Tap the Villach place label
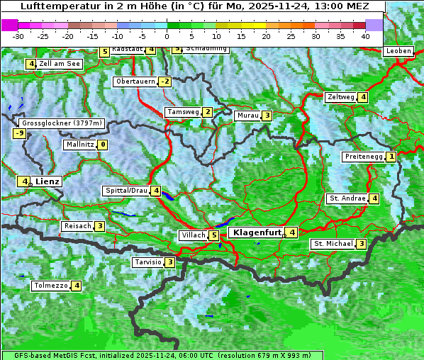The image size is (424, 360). pos(192,235)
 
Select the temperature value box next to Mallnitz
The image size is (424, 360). pos(103,145)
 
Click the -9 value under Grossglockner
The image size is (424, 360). pos(19,133)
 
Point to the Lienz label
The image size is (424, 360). pos(48,181)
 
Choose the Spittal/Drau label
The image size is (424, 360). pos(126,191)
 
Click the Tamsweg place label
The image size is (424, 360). pos(182,112)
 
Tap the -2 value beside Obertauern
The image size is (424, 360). pos(165,81)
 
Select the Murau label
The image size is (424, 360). pos(247,116)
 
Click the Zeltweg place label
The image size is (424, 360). pos(340,97)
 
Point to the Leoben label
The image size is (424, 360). pos(398,51)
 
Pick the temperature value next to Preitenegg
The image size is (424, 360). pos(391,157)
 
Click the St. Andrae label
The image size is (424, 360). pos(347,198)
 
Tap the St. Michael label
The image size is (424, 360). pos(333,244)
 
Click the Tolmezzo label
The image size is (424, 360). pos(50,286)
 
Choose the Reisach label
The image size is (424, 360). pos(78,226)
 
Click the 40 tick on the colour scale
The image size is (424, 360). pos(365,36)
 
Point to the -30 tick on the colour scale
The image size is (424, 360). pos(18,36)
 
